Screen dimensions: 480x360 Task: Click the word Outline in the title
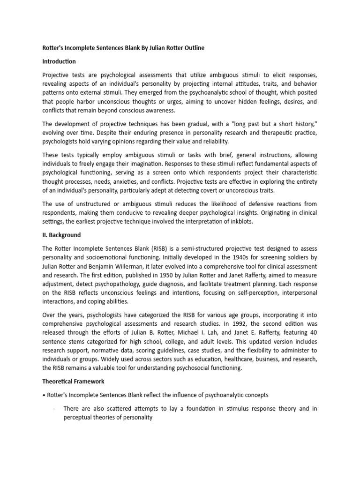point(192,48)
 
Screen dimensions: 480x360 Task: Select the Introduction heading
point(59,61)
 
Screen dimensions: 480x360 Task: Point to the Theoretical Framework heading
point(73,382)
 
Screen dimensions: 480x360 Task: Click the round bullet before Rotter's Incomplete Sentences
point(43,395)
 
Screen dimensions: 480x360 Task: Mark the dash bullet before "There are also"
point(55,409)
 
